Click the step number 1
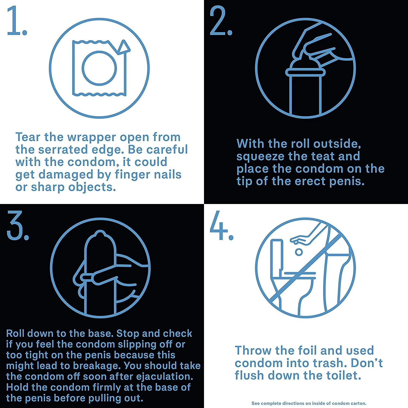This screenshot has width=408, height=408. pyautogui.click(x=17, y=21)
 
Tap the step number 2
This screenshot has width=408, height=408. pyautogui.click(x=221, y=21)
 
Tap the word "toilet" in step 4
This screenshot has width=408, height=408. pyautogui.click(x=344, y=376)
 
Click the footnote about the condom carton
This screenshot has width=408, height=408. pyautogui.click(x=309, y=403)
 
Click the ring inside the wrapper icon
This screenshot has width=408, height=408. pyautogui.click(x=99, y=68)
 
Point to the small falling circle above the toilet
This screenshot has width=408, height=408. pyautogui.click(x=299, y=252)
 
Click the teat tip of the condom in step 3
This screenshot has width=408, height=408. pyautogui.click(x=100, y=234)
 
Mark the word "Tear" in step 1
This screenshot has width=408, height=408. pyautogui.click(x=28, y=137)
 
